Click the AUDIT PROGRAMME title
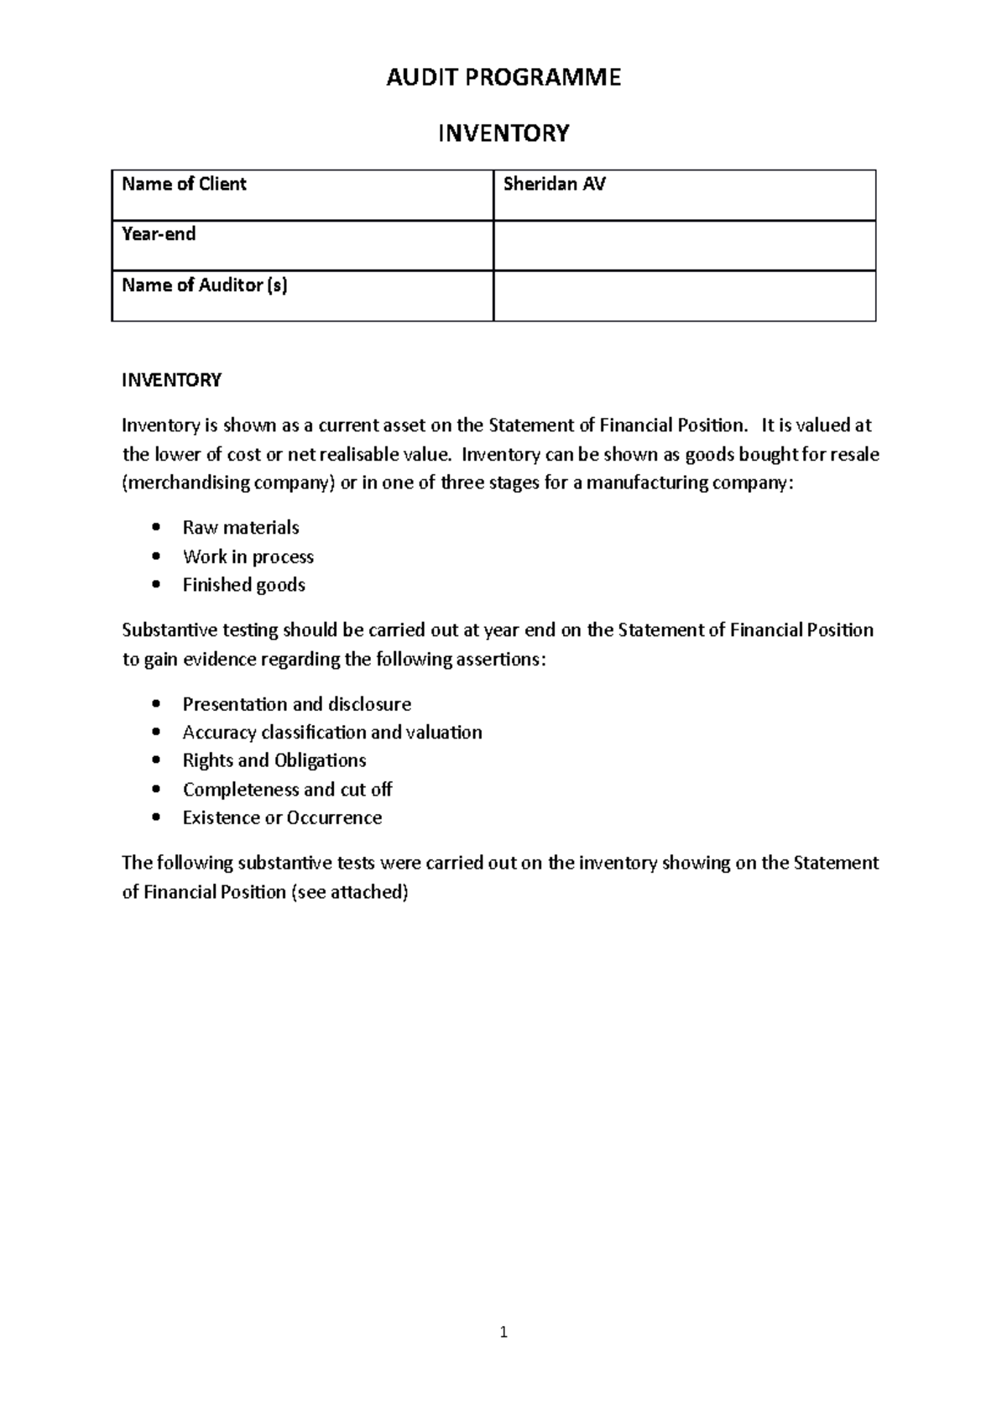coord(503,78)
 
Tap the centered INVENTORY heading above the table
coord(503,133)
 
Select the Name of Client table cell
coord(302,195)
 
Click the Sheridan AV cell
coord(684,195)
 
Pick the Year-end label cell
coord(302,245)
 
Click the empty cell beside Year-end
coord(684,245)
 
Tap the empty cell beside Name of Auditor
coord(684,295)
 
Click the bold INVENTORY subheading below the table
coord(171,380)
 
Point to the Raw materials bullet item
coord(241,528)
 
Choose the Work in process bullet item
coord(248,556)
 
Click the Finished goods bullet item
coord(243,585)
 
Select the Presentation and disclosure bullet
coord(296,704)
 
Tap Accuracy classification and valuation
coord(331,733)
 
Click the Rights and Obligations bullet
coord(274,760)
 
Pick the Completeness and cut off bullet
coord(287,790)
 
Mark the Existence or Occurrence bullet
coord(282,817)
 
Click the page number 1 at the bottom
coord(503,1332)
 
